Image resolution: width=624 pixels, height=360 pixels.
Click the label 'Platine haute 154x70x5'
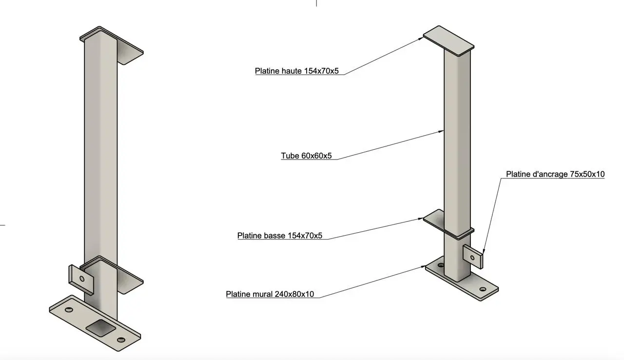tap(297, 71)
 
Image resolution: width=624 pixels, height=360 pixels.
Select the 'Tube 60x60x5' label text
tap(306, 156)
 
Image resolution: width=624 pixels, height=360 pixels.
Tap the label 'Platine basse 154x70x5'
tap(280, 236)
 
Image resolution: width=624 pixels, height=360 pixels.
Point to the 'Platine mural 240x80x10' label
tap(270, 294)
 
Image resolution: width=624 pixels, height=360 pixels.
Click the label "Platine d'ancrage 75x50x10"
tap(555, 174)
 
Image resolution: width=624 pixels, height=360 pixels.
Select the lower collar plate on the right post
tap(448, 224)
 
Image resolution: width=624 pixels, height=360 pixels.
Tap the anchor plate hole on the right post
tap(472, 258)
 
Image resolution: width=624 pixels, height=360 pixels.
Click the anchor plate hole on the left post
tap(81, 279)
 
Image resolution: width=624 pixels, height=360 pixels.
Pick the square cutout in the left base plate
tap(100, 327)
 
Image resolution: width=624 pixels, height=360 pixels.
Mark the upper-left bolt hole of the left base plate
tap(69, 310)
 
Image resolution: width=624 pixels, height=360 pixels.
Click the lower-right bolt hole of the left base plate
tap(121, 340)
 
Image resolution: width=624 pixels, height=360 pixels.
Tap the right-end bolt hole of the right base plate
tap(483, 289)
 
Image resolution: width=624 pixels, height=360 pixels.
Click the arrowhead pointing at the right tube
tap(441, 131)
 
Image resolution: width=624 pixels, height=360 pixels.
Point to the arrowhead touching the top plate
tap(420, 39)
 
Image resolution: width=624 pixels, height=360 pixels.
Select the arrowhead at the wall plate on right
tap(423, 267)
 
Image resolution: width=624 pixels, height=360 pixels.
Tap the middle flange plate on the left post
tap(112, 275)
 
